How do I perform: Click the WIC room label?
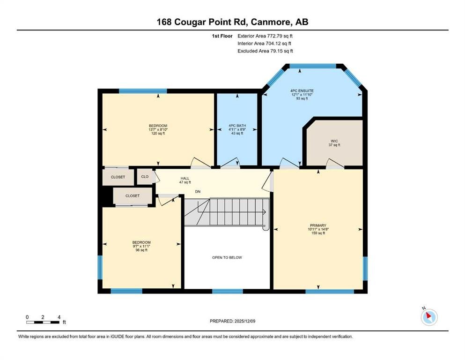click(x=334, y=141)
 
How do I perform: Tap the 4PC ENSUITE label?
click(x=302, y=91)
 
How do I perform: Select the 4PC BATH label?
click(x=237, y=126)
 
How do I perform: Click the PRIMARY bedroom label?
click(x=318, y=225)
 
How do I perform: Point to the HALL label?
click(x=185, y=179)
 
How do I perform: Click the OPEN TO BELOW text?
click(x=227, y=258)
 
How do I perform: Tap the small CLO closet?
click(x=145, y=177)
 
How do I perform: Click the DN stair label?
click(x=198, y=192)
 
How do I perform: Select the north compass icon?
click(x=429, y=317)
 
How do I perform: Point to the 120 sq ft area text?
click(x=158, y=134)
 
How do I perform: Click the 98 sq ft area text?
click(x=141, y=250)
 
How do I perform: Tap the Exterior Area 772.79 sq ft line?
click(x=265, y=36)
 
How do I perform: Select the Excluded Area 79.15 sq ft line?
click(x=265, y=51)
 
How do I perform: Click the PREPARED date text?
click(x=232, y=321)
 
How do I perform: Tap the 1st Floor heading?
click(x=222, y=36)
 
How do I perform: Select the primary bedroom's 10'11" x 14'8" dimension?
click(x=318, y=229)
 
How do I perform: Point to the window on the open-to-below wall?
click(x=228, y=291)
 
